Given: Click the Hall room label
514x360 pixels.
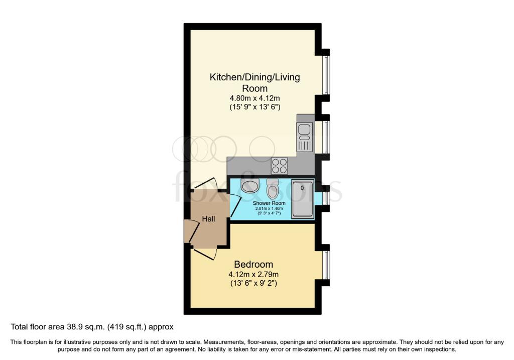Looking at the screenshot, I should pos(209,219).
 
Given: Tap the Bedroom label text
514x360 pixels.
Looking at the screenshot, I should pos(253,264).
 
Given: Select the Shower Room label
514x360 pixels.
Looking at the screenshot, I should pos(266,203).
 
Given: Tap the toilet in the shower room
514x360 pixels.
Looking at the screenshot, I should pos(273,188).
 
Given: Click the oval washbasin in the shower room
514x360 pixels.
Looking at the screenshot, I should pos(249,187).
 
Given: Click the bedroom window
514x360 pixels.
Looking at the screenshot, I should pos(326,265).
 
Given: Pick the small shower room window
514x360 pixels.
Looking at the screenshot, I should pos(326,198).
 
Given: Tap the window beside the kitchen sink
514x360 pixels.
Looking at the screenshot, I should pos(326,137).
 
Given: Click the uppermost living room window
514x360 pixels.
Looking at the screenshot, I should pos(326,75).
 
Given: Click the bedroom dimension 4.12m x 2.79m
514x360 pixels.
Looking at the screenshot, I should pos(253,274).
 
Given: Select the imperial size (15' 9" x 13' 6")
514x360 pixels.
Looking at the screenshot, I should pos(254,107).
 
